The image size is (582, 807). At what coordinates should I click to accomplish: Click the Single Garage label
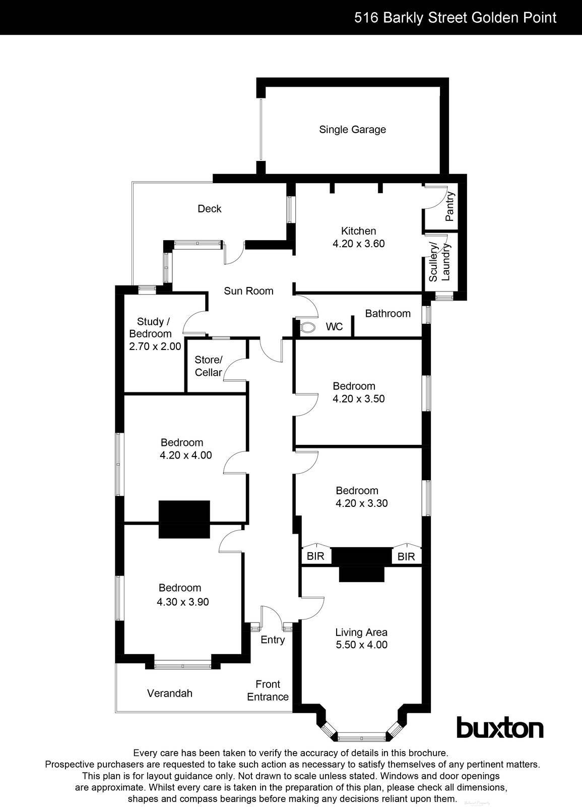click(x=352, y=130)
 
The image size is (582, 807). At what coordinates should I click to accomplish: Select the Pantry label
click(x=450, y=206)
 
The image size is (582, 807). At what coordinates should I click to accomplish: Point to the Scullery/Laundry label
click(x=439, y=262)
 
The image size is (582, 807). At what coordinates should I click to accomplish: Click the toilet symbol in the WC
click(x=306, y=327)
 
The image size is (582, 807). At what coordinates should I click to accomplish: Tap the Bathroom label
click(x=387, y=314)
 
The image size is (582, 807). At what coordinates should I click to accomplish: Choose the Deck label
click(x=209, y=209)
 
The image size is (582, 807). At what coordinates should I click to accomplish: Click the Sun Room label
click(x=248, y=291)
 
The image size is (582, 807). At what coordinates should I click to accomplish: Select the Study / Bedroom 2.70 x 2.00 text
click(x=154, y=334)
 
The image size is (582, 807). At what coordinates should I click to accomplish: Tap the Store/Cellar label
click(x=208, y=366)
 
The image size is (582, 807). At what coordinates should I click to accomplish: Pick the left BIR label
click(x=316, y=556)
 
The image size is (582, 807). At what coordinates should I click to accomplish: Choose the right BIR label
click(x=406, y=557)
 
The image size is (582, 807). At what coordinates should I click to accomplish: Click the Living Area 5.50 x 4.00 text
click(x=361, y=639)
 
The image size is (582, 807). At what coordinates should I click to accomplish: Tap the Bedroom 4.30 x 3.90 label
click(x=182, y=595)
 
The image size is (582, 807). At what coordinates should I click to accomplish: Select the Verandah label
click(x=170, y=694)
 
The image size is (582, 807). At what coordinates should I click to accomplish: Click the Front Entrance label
click(x=268, y=690)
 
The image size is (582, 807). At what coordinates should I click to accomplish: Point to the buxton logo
click(x=499, y=728)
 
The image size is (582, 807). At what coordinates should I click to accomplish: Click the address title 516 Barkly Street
click(x=455, y=18)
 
